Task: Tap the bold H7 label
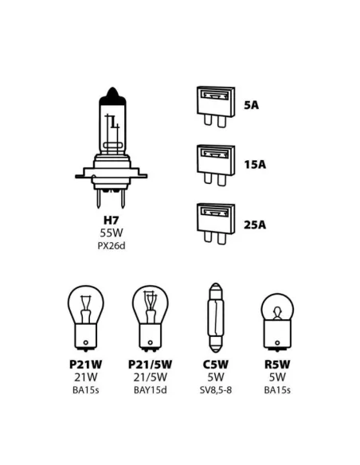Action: pos(112,221)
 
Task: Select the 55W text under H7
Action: pos(112,233)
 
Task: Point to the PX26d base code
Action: pos(112,246)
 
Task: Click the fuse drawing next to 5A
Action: pos(216,107)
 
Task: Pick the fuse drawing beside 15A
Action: pos(216,165)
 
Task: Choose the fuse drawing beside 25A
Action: pos(216,224)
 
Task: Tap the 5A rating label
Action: pos(251,105)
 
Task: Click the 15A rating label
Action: pos(255,165)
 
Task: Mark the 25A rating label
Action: pos(255,225)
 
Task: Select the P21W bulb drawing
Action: pos(86,318)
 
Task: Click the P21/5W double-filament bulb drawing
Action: pos(151,318)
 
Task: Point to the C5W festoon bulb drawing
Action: pos(216,318)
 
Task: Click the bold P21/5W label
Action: pos(150,365)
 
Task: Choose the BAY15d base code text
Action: pos(151,390)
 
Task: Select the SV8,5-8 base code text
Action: pos(216,390)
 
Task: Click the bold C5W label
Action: pos(216,365)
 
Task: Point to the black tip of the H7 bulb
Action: pos(112,96)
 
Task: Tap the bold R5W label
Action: pos(277,365)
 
